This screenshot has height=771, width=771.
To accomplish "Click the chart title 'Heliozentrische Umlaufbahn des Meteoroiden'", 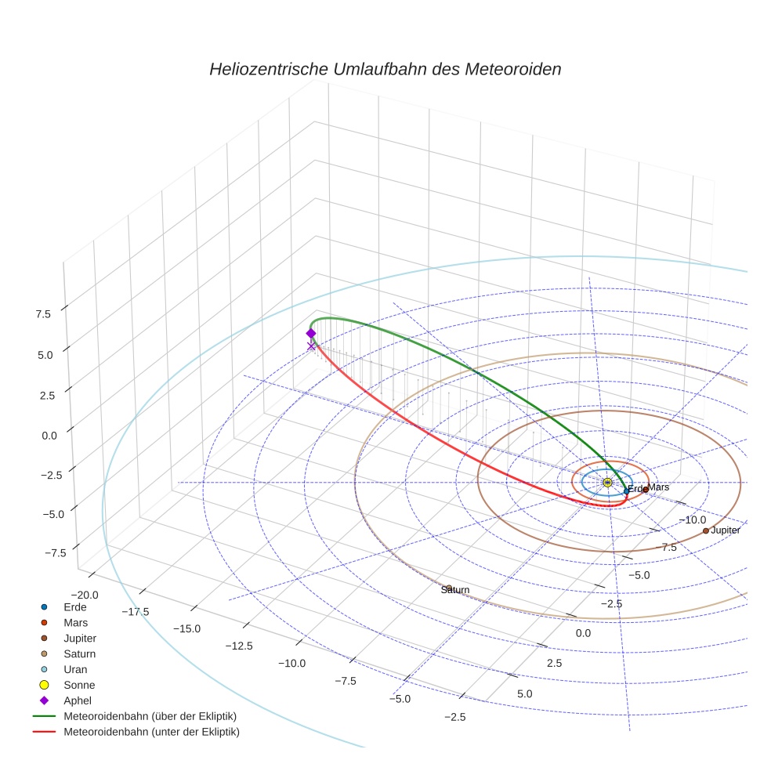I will click(385, 69).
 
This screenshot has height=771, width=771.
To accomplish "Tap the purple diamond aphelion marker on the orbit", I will click(311, 333).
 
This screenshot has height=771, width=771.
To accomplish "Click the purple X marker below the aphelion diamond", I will click(311, 346).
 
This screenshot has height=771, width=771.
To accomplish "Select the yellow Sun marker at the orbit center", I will click(607, 483).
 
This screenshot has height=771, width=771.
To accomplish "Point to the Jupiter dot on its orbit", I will click(705, 530).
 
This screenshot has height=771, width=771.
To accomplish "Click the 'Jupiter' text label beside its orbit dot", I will click(726, 530).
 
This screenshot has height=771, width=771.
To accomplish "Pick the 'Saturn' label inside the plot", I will click(455, 589).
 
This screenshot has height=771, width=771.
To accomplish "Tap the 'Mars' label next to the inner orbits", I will click(659, 487).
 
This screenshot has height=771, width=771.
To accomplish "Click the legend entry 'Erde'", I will click(75, 606).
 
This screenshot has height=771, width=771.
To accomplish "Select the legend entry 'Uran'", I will click(75, 669).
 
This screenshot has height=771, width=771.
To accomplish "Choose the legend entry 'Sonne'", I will click(79, 685).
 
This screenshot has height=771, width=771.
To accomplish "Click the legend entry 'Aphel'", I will click(78, 700).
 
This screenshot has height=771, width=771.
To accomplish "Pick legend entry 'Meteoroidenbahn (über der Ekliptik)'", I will click(150, 716).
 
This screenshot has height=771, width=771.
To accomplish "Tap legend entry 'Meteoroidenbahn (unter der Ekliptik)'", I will click(151, 732).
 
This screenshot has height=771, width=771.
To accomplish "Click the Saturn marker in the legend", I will click(45, 653).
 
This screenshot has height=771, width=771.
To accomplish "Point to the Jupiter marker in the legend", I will click(45, 638).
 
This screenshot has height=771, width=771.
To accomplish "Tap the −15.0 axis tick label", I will click(186, 628).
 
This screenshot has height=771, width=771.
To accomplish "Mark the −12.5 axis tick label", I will click(238, 646).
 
